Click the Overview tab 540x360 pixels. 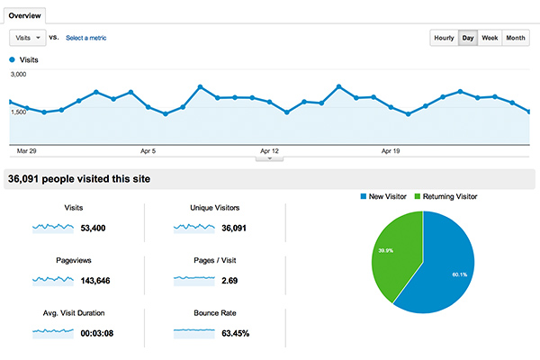[23, 16]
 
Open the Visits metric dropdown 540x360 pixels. [28, 38]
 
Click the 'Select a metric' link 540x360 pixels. [91, 38]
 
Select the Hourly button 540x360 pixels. [444, 38]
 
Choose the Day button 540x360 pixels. [468, 38]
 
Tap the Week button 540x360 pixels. [490, 38]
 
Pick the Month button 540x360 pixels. [516, 38]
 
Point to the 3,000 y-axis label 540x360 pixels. [18, 74]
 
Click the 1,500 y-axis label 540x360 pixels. [18, 112]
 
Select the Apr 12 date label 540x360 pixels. [269, 151]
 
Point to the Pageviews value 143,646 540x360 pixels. [99, 281]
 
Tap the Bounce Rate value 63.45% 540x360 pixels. [232, 333]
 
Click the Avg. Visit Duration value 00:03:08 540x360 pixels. [102, 333]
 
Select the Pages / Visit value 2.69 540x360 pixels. [229, 281]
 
